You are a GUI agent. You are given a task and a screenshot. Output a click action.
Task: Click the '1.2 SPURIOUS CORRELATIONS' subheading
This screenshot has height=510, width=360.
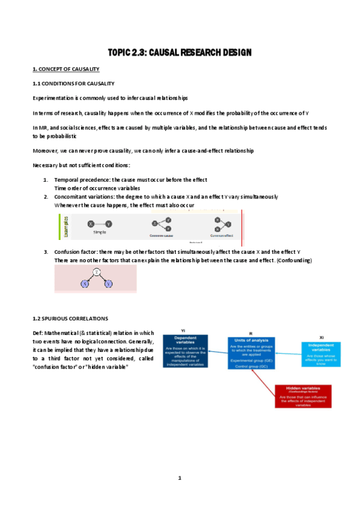pos(70,318)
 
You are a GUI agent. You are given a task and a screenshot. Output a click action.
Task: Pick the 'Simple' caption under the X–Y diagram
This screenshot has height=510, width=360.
pos(100,232)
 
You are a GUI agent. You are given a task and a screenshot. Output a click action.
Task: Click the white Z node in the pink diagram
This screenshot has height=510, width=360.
pos(96,272)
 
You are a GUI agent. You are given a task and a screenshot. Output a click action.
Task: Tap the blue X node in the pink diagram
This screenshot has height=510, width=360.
pos(85,283)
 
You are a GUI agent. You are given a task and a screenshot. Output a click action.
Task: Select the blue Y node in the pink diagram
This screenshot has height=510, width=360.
pos(108,283)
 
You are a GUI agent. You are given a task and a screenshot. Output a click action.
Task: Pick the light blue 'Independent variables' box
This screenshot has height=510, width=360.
pos(320,354)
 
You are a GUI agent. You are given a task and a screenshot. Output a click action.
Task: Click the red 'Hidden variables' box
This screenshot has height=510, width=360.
pos(303,396)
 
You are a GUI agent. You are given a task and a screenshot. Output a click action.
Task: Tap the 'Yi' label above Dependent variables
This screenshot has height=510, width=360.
pos(184,331)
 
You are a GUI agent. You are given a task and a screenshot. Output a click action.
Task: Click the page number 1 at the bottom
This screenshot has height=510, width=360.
pos(179,478)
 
